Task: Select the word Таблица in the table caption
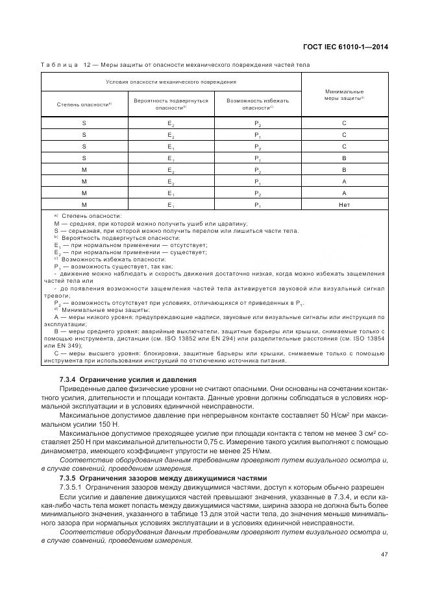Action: (x=60, y=65)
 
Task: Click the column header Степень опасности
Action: (x=84, y=104)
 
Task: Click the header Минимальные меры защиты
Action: (x=344, y=95)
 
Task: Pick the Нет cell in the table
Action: (x=344, y=205)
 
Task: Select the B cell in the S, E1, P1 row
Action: (x=344, y=158)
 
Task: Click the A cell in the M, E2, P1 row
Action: (x=344, y=182)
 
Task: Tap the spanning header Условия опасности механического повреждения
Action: (x=171, y=82)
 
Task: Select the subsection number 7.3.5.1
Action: (x=70, y=486)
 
